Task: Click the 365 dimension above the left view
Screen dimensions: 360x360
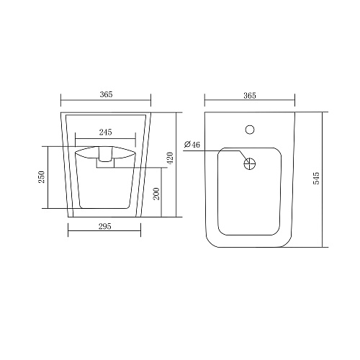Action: tap(106, 94)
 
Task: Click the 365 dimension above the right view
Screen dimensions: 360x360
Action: tap(250, 96)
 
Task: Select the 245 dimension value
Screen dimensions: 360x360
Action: tap(106, 132)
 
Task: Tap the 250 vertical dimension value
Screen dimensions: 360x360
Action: tap(42, 177)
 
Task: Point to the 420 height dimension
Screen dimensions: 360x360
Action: tap(170, 158)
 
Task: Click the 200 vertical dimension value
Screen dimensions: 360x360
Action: tap(156, 194)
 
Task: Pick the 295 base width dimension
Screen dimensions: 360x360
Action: tap(105, 226)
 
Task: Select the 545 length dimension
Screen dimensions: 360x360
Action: tap(317, 178)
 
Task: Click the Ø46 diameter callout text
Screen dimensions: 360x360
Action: tap(192, 144)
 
